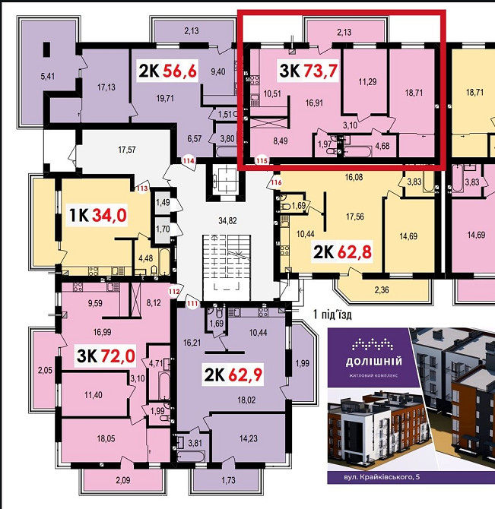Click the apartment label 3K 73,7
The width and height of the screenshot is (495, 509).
point(308,71)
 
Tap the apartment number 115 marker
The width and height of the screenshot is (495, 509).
point(262,161)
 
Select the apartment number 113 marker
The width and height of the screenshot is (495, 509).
point(142,188)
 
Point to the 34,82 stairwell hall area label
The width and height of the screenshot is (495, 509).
point(227,221)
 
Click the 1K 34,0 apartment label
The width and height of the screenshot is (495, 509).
point(98,215)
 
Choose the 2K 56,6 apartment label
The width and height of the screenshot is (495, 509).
point(167,71)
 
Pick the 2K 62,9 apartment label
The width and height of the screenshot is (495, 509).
point(233,375)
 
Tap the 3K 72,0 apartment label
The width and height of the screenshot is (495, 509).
point(106,356)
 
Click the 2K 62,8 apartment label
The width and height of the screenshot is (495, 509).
point(342,252)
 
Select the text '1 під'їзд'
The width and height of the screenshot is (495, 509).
point(332,315)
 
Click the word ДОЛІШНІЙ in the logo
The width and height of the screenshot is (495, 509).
point(373,362)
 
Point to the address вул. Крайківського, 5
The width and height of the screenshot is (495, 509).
point(382,477)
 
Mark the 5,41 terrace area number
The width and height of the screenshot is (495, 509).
point(48,77)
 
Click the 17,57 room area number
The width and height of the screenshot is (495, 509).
point(127,150)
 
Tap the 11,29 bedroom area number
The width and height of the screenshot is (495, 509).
point(367,82)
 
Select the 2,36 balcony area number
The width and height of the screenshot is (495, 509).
point(382,289)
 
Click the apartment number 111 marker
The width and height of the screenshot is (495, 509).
point(193,304)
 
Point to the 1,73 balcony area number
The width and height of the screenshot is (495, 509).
point(228,480)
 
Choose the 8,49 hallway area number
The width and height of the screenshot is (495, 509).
point(281,141)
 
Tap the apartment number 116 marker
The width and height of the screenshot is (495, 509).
point(276,182)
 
